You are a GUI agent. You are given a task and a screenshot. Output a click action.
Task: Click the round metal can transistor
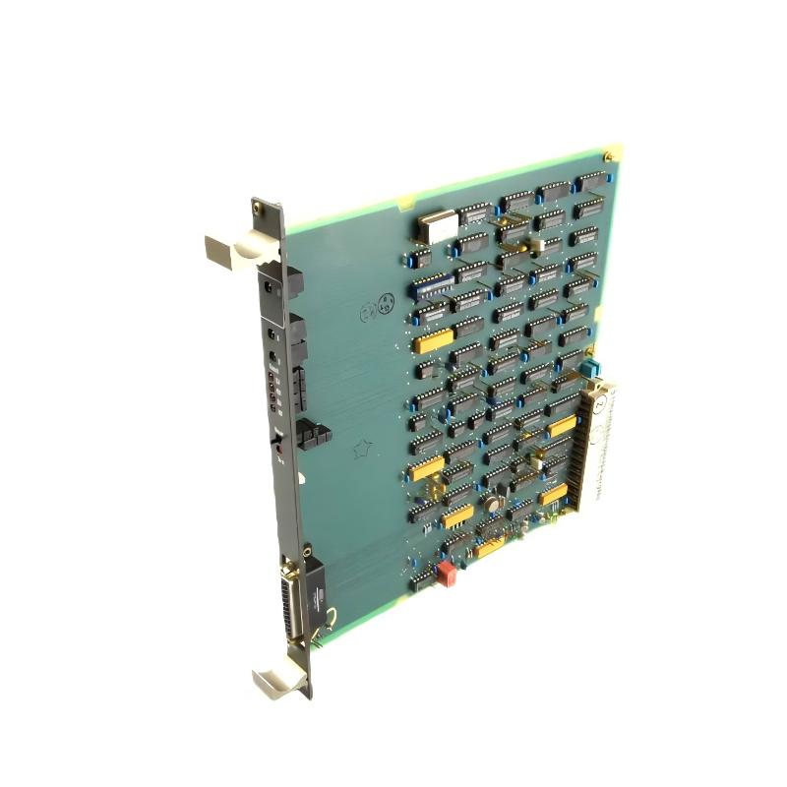coord(489,505)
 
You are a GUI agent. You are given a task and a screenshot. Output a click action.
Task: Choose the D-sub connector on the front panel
coord(294,601)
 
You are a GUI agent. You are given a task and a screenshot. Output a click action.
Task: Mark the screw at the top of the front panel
coord(258,209)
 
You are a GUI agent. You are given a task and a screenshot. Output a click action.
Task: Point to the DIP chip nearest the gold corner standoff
coord(588,182)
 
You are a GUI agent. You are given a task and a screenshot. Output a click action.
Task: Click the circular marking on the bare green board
coord(379,307)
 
